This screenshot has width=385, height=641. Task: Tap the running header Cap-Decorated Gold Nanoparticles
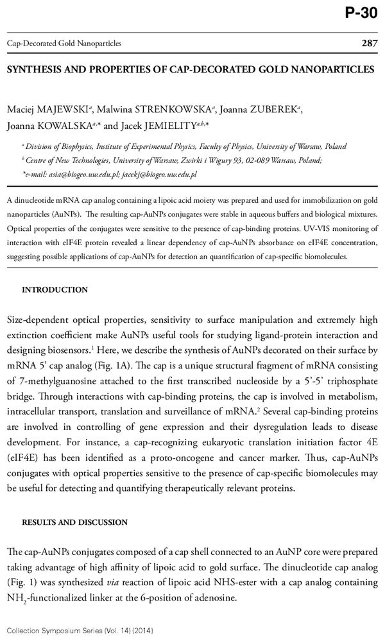click(64, 43)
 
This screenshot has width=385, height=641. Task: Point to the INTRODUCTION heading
click(55, 289)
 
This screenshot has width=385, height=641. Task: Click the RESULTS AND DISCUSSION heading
click(74, 522)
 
